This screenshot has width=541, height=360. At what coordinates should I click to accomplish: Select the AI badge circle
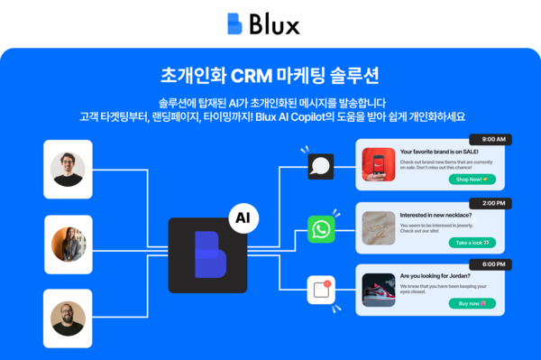(x=241, y=217)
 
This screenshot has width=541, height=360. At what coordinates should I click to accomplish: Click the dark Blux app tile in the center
(x=206, y=255)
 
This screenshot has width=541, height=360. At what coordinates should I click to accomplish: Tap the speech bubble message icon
(x=320, y=166)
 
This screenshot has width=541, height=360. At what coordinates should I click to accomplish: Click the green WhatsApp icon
(x=320, y=229)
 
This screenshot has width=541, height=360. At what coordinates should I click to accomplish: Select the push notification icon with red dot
(x=321, y=291)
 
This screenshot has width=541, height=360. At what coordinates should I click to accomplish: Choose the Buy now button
(x=472, y=303)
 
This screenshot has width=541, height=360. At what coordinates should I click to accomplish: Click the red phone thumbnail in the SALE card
(x=379, y=166)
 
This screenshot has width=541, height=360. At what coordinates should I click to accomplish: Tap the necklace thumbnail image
(x=379, y=228)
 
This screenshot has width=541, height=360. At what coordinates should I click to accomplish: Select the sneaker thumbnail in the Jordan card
(x=379, y=290)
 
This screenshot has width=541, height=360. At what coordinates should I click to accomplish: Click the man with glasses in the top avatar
(x=69, y=169)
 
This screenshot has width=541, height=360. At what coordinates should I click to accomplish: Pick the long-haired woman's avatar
(x=69, y=243)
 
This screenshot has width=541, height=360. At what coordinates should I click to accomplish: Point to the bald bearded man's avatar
(x=69, y=317)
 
